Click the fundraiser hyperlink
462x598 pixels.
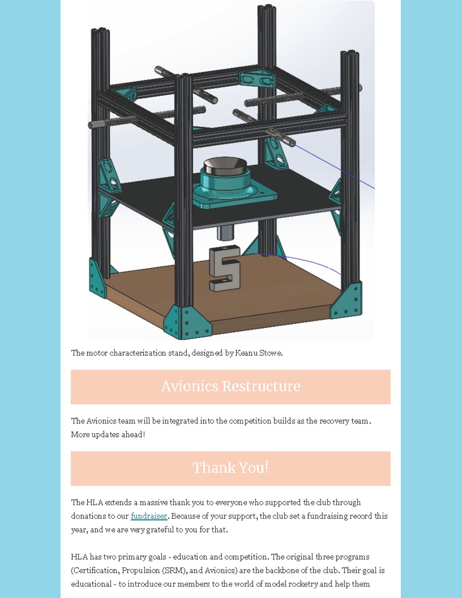tap(149, 516)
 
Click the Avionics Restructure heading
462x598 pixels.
tap(231, 386)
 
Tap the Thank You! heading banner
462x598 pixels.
tap(231, 468)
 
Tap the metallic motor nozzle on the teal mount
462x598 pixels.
tap(225, 166)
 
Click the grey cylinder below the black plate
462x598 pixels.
tap(226, 232)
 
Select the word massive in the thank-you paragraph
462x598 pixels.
tap(153, 502)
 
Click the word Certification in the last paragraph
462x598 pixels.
tap(96, 570)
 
